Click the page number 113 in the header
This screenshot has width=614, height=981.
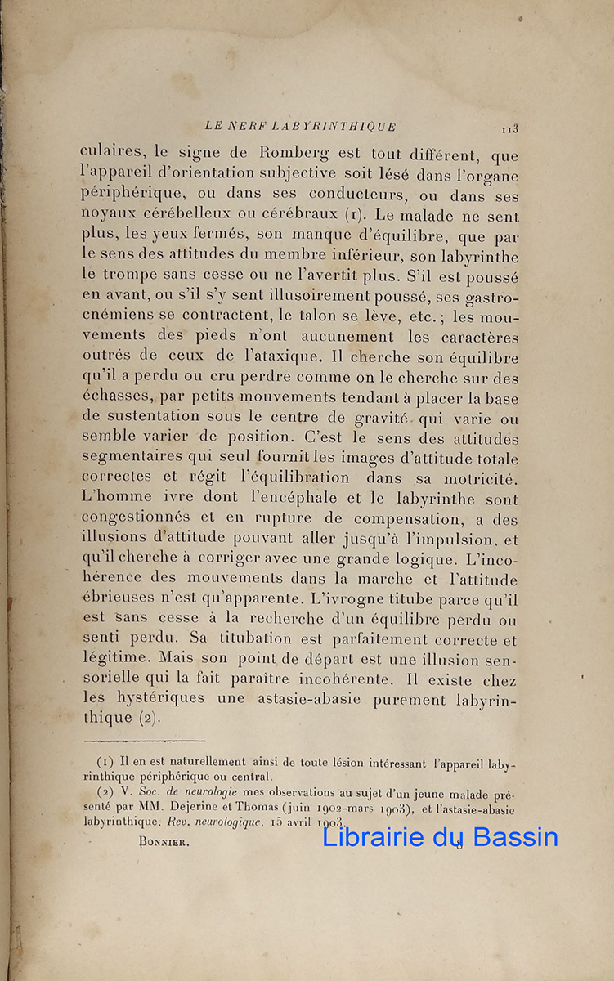[x=511, y=128]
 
